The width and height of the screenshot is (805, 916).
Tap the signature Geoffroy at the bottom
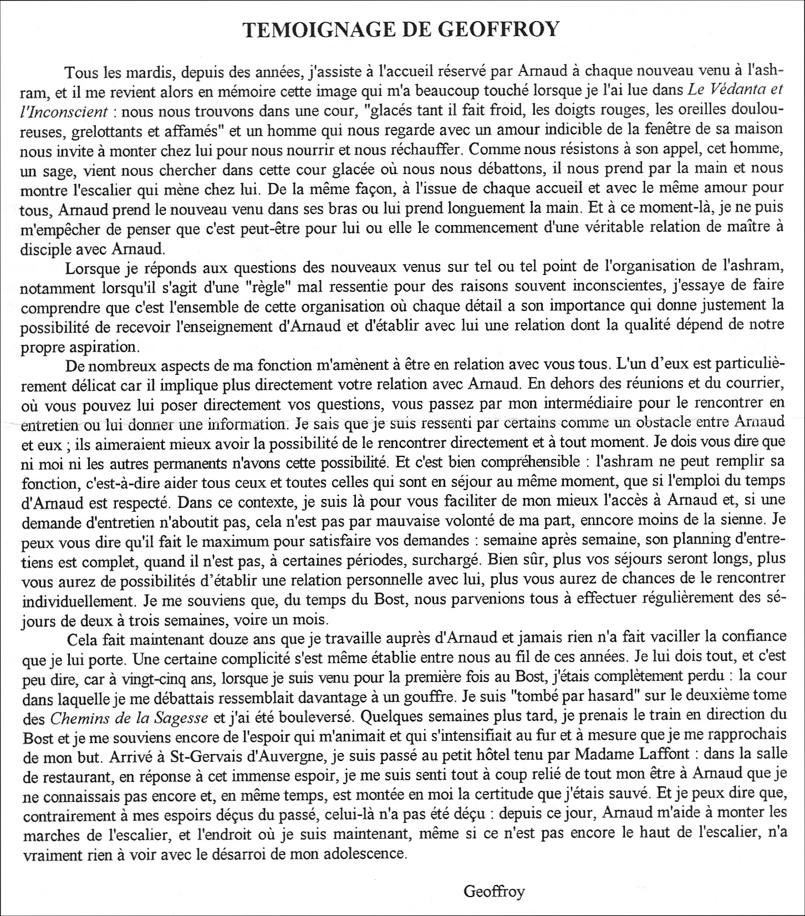pos(494,892)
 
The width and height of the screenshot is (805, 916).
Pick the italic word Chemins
pos(78,714)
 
